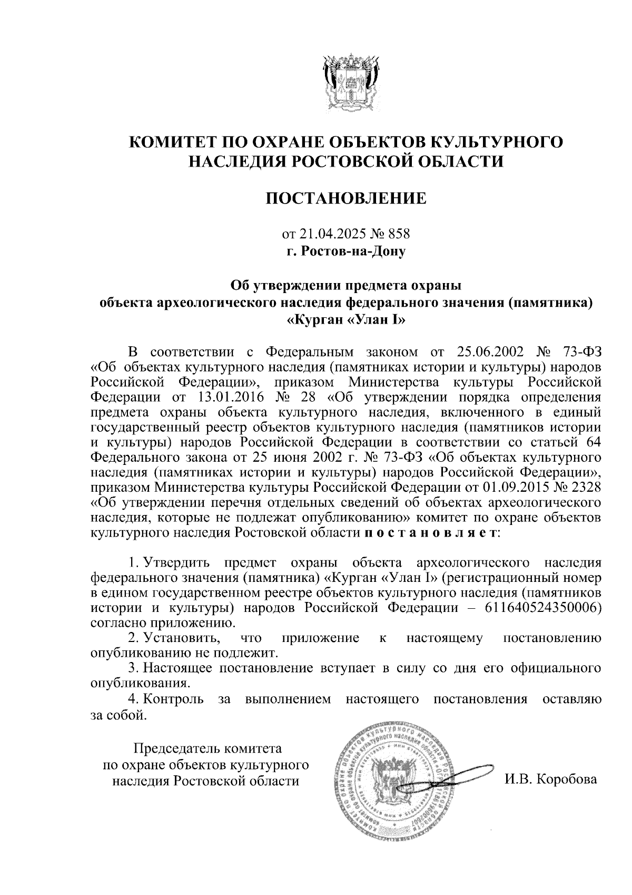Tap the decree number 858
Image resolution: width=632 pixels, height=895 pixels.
[x=398, y=233]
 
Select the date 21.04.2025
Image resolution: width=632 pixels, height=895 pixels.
[x=333, y=233]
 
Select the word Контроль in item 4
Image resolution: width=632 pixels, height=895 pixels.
[x=174, y=699]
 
